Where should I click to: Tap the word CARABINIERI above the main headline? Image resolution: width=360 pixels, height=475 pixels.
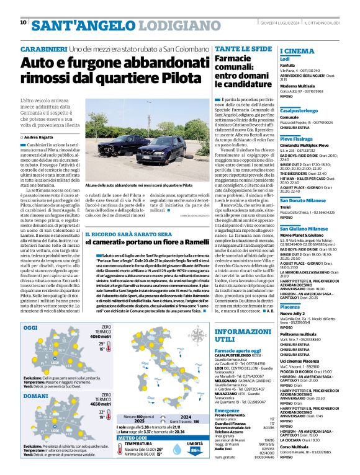click(43, 48)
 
